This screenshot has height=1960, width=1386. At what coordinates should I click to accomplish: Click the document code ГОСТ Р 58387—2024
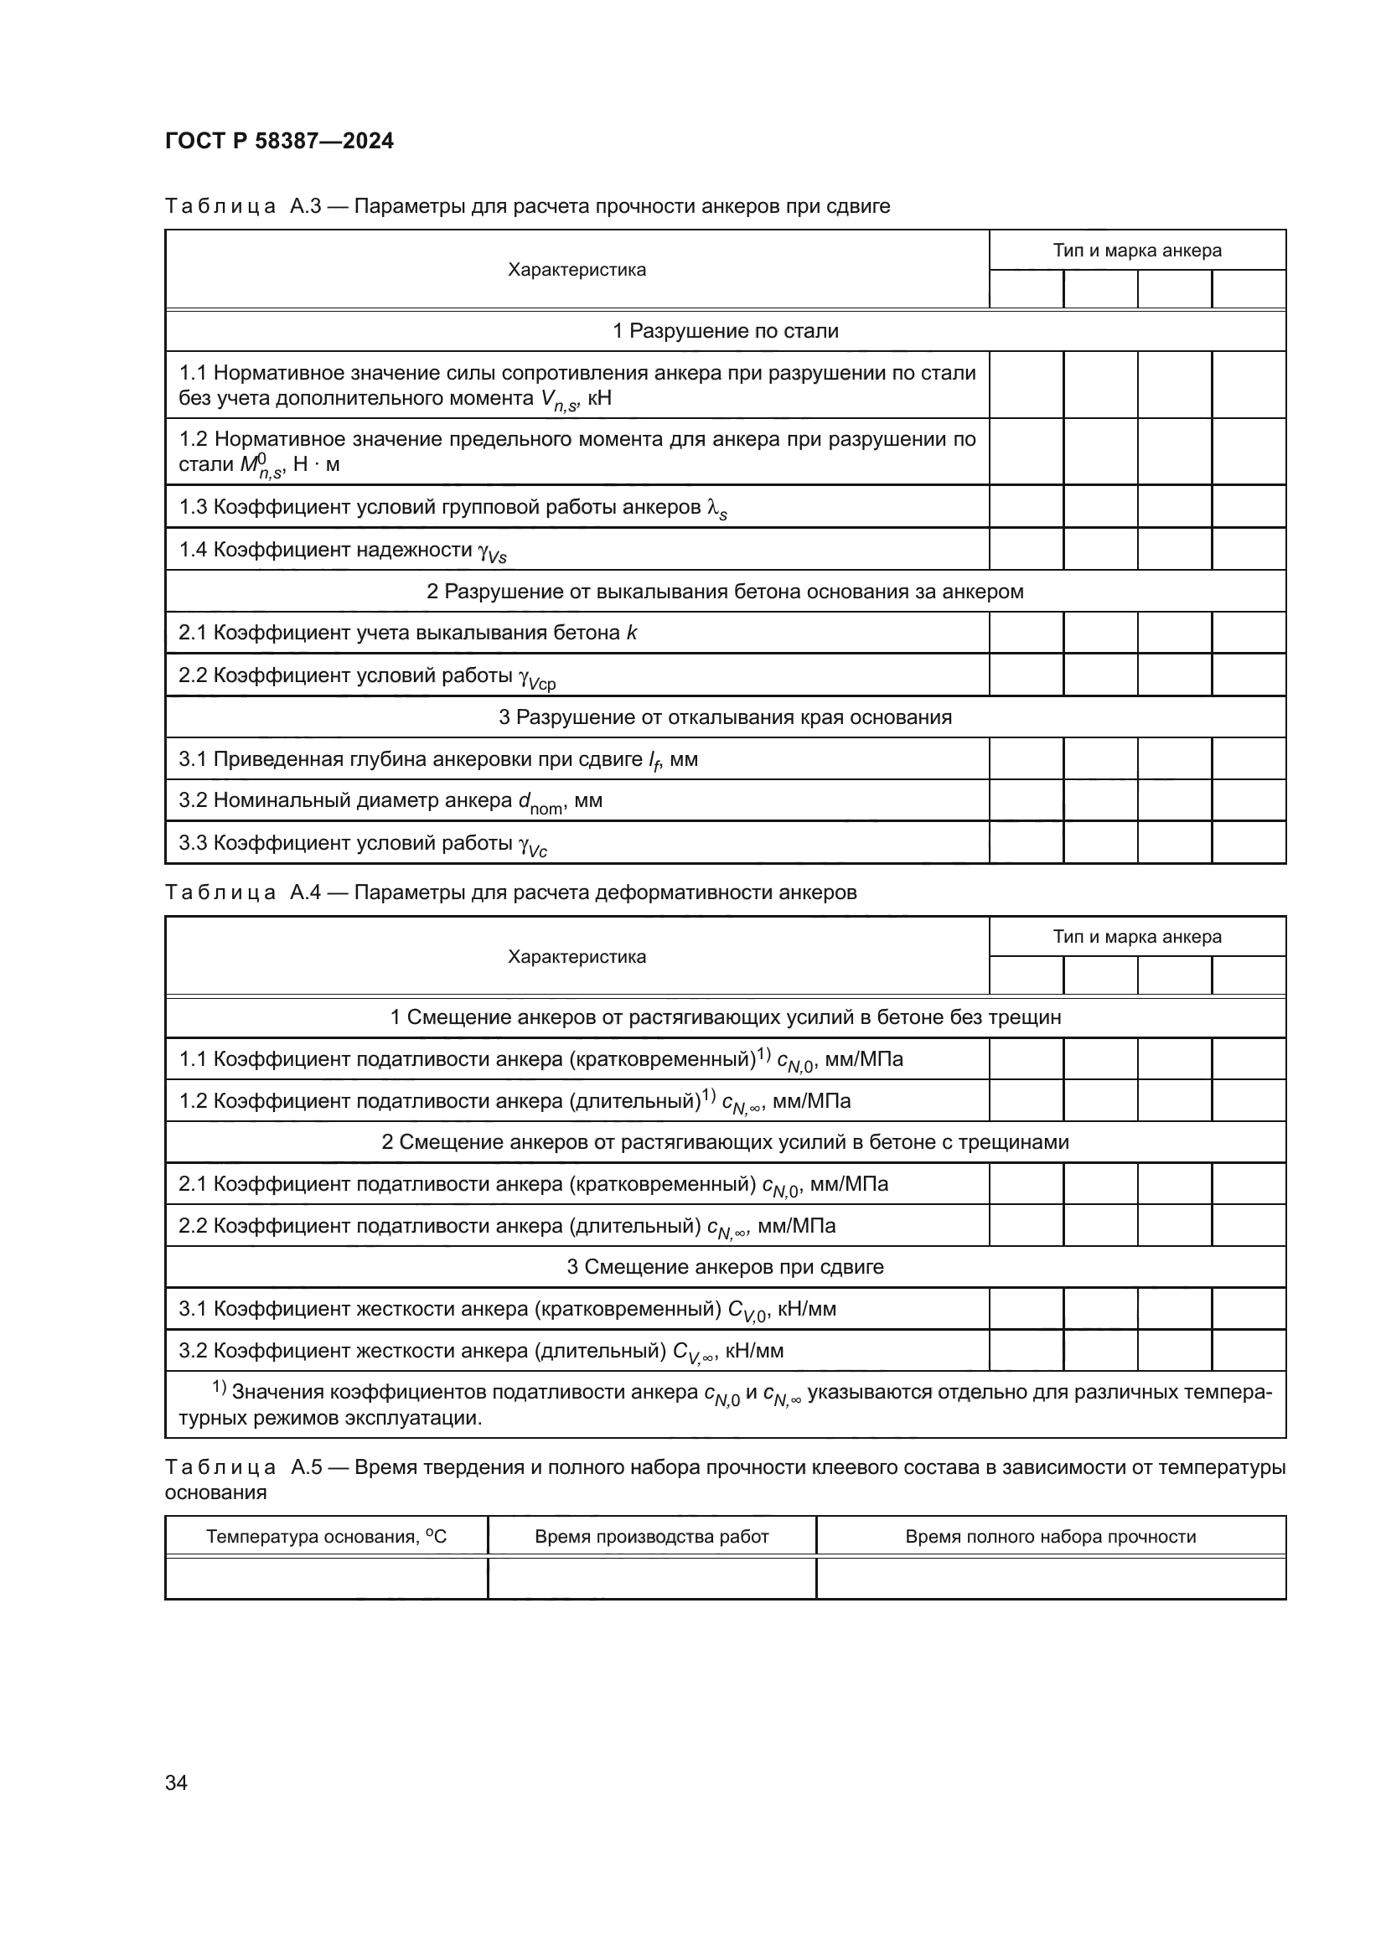(279, 141)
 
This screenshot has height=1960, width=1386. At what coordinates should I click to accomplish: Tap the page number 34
(176, 1782)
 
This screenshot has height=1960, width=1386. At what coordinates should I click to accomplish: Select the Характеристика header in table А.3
(577, 270)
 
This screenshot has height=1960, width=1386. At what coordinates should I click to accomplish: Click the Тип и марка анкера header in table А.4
(1137, 937)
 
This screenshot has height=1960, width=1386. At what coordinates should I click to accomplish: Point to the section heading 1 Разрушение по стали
(726, 331)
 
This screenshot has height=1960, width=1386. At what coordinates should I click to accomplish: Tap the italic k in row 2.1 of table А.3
(632, 634)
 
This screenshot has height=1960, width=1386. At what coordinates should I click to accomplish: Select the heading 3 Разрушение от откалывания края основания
(726, 717)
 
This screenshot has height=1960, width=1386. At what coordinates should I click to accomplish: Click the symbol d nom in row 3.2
(540, 803)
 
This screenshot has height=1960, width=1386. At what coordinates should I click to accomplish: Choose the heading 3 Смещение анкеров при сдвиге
(726, 1267)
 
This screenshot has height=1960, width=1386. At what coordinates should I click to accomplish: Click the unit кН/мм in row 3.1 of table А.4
(807, 1309)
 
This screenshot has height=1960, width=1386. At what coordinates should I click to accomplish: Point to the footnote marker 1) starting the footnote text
(219, 1389)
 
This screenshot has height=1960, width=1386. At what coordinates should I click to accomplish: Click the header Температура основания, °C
(326, 1537)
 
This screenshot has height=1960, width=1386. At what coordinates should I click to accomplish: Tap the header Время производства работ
(651, 1537)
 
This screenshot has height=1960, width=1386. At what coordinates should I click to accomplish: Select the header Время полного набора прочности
(1050, 1537)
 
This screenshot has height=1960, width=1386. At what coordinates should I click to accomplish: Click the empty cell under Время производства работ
(651, 1578)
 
